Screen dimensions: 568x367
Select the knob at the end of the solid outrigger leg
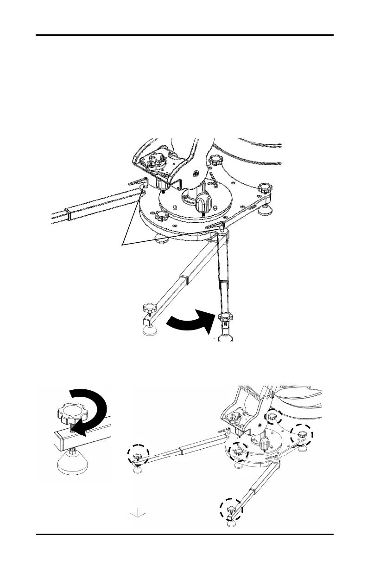(x=149, y=308)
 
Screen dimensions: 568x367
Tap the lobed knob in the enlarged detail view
(x=70, y=412)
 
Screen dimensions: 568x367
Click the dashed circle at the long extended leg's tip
(x=138, y=456)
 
